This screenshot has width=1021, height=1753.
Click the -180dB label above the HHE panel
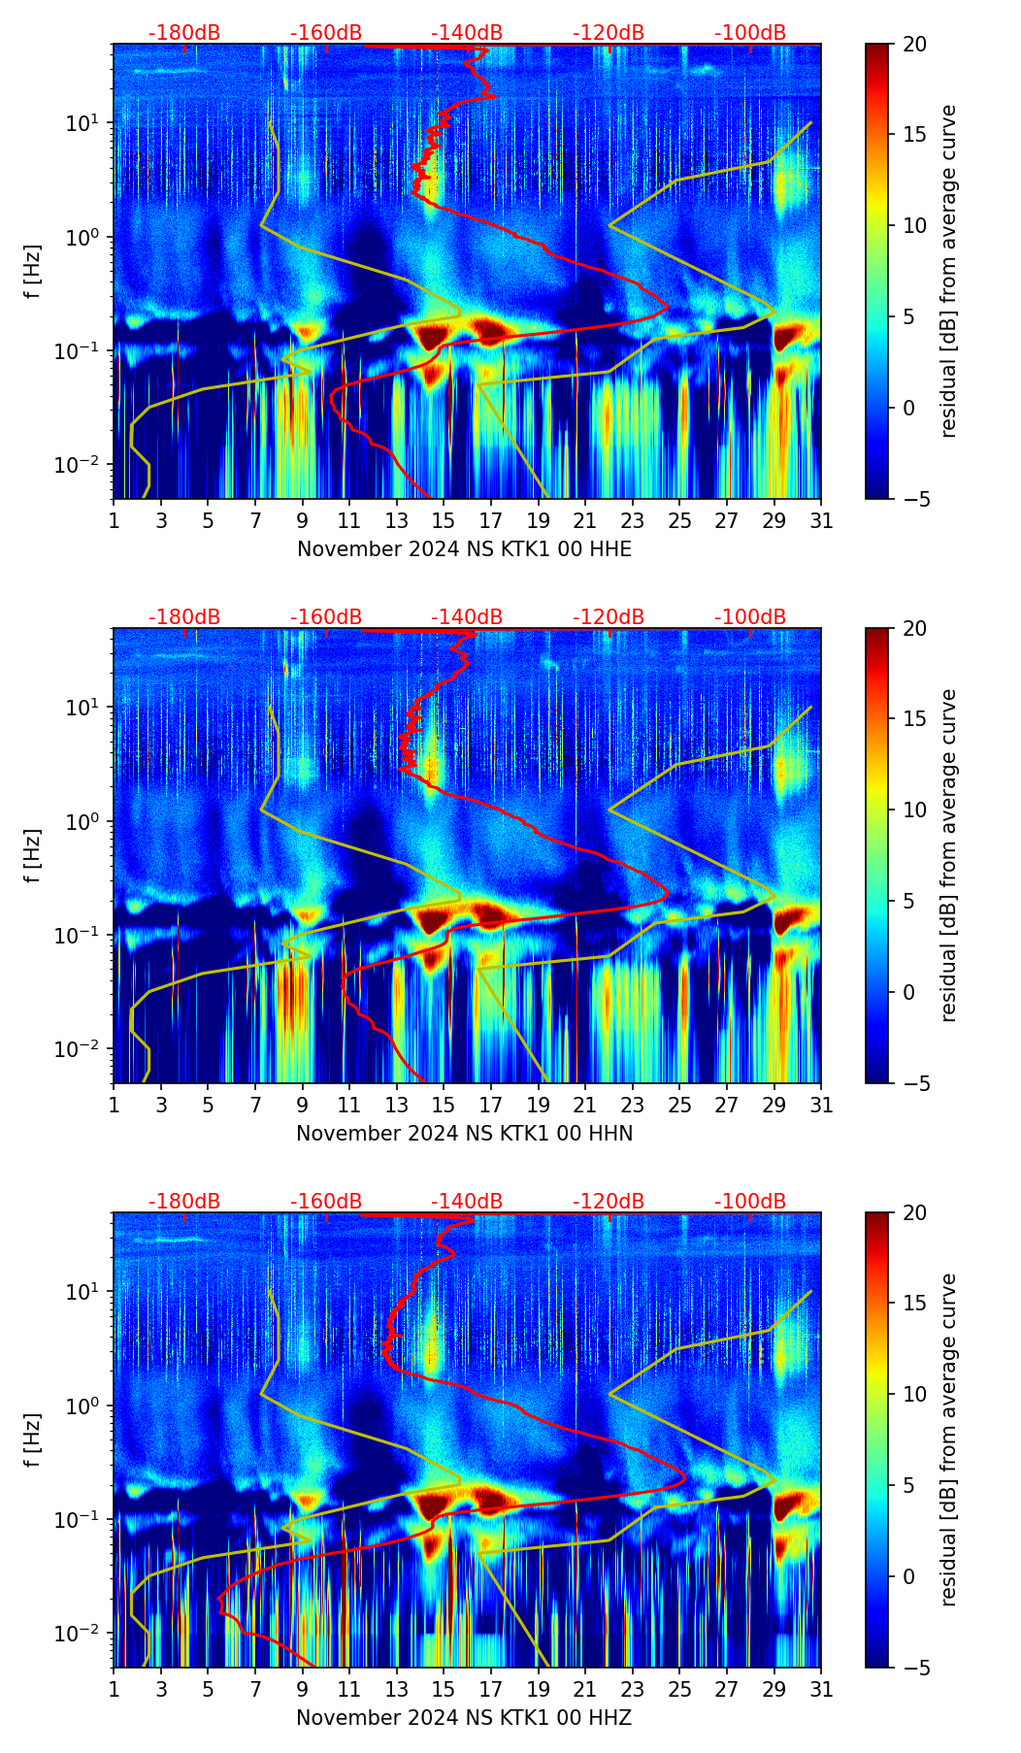184,33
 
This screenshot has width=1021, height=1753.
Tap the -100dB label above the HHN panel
750,617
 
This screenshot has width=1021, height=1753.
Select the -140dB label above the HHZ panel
467,1202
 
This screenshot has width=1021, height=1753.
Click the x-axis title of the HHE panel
464,549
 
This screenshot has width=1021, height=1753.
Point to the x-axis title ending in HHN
464,1134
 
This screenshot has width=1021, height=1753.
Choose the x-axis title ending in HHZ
464,1718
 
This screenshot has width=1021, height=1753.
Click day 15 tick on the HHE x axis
444,520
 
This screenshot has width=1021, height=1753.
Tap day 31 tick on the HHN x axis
821,1105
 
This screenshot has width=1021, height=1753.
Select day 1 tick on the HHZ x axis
114,1689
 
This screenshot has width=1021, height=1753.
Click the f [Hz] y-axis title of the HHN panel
33,855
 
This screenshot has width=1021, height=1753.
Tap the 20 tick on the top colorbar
914,45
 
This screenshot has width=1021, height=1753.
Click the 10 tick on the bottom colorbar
914,1395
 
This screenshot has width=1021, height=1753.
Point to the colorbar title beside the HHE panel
948,272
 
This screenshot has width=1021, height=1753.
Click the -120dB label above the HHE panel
609,33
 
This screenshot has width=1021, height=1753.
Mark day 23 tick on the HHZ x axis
633,1689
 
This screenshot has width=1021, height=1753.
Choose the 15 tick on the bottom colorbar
914,1304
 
